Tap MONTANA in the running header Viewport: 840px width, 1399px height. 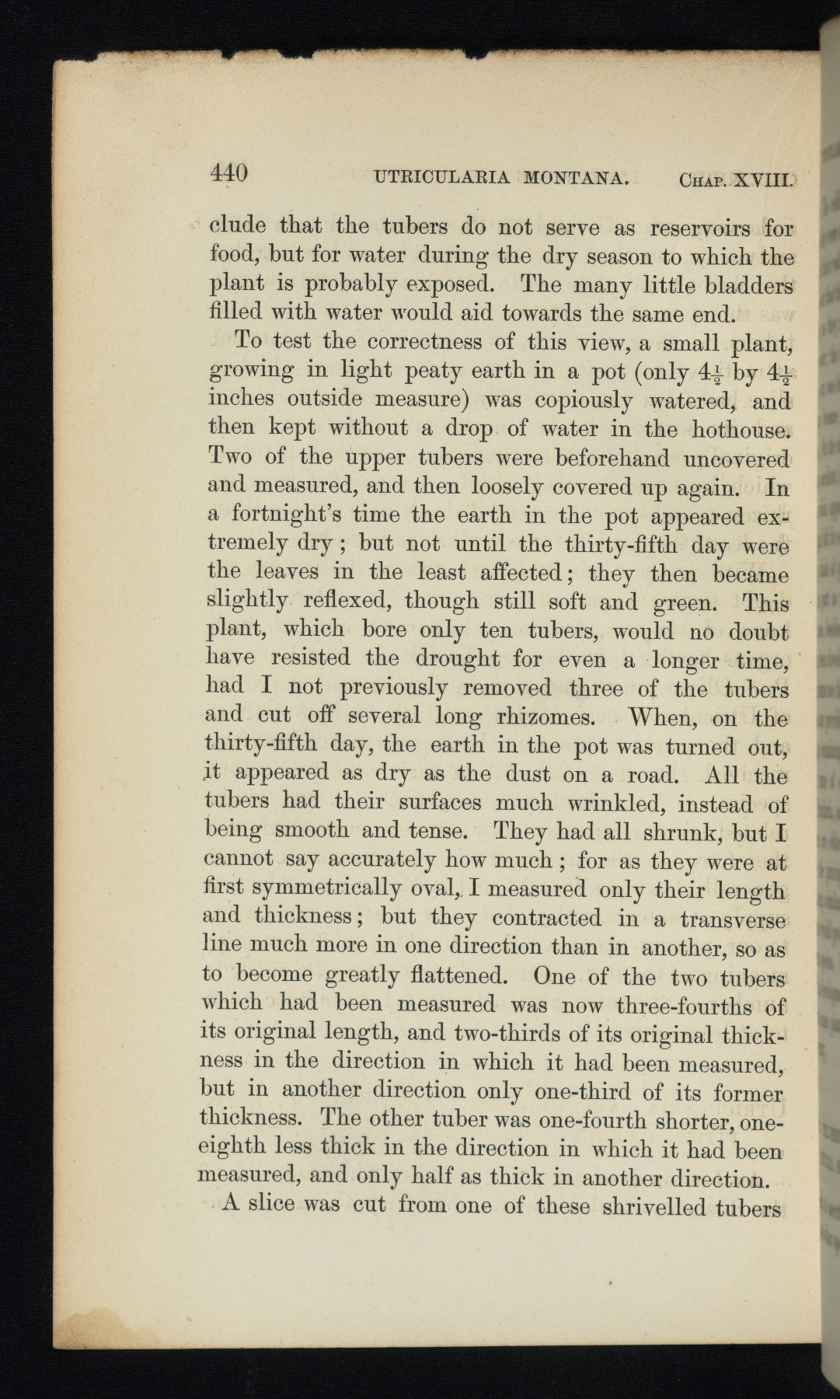pos(577,180)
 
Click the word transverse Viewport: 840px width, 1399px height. pos(732,920)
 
